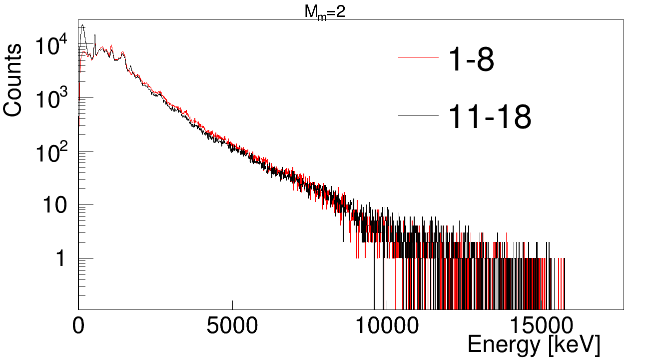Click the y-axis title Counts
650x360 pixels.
click(x=13, y=80)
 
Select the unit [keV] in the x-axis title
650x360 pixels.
click(x=574, y=345)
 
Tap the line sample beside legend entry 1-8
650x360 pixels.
click(x=418, y=58)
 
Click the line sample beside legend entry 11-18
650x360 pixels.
click(x=418, y=115)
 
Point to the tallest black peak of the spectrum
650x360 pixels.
click(x=82, y=25)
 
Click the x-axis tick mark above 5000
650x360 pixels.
click(x=232, y=304)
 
